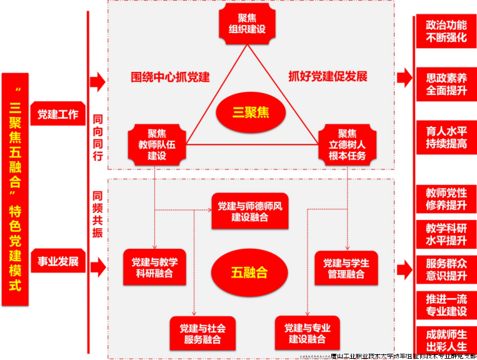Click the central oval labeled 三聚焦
point(250,112)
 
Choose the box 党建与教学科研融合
point(150,267)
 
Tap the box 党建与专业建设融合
point(307,334)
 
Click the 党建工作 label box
point(58,114)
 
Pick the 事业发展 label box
point(58,261)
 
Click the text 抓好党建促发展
point(328,77)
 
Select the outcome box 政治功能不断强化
point(446,31)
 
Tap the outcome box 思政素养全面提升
point(446,84)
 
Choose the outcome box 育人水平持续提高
point(446,137)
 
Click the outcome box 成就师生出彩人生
point(446,338)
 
